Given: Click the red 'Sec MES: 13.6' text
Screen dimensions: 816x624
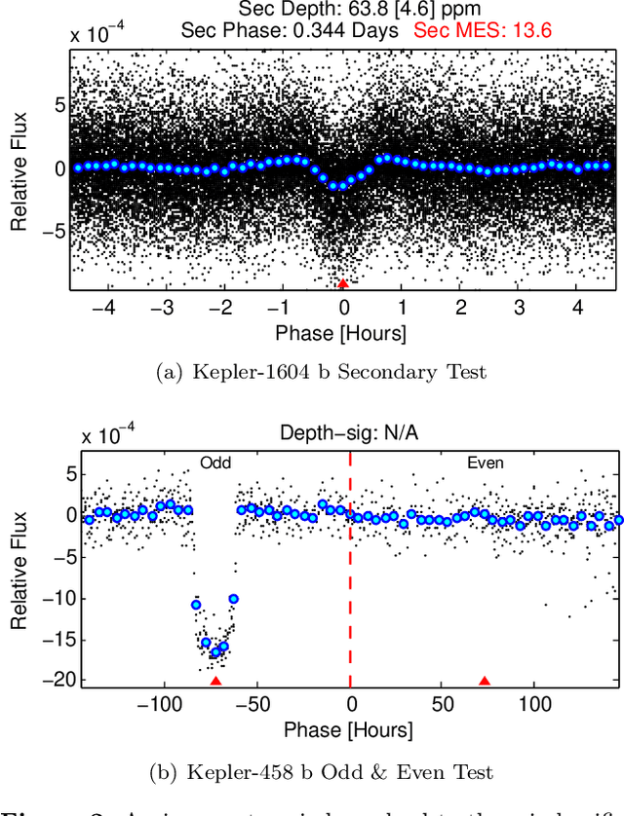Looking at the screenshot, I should coord(483,30).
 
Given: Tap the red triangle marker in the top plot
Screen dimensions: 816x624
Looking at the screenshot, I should coord(342,283).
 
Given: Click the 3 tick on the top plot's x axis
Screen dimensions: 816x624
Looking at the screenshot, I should coord(521,306).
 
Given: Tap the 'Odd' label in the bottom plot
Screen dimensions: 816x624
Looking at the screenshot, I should coord(214,464).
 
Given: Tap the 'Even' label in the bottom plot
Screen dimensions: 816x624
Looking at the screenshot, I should coord(485,464).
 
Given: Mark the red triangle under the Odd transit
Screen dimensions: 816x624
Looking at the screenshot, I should coord(215,681).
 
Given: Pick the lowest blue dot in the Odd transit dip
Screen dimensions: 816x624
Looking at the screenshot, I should coord(216,652).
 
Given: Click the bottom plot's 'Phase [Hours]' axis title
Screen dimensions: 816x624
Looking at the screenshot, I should coord(348,729).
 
